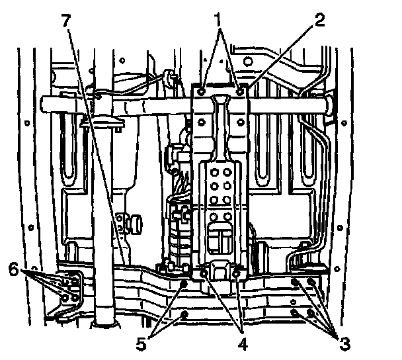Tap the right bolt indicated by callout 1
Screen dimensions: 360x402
coord(239,85)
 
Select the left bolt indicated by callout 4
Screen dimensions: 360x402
coord(205,272)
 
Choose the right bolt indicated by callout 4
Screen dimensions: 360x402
coord(236,272)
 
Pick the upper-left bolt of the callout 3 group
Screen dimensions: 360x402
coord(294,283)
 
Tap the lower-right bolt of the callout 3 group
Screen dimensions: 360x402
coord(311,313)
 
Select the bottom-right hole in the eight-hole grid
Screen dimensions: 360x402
coord(229,215)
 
